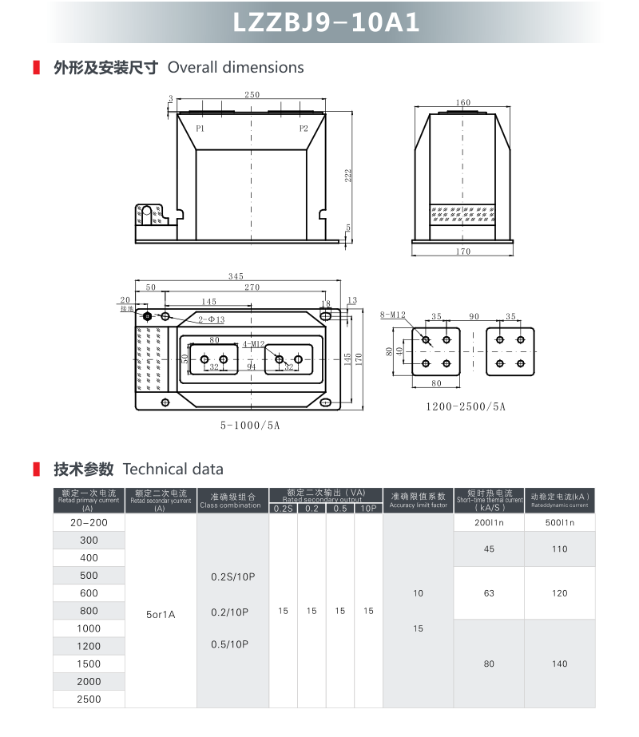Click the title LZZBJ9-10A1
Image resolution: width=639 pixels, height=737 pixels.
point(326,22)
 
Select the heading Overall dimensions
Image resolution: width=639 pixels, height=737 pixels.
point(236,68)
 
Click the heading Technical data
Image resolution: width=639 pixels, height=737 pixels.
point(173,470)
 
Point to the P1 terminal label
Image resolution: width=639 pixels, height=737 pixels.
point(200,129)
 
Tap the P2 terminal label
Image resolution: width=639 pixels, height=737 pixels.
point(304,129)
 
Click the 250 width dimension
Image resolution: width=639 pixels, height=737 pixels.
point(252,95)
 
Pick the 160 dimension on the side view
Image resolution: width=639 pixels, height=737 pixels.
point(462,103)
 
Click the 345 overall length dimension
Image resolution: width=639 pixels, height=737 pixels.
point(236,276)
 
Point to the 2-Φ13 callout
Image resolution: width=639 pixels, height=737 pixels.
point(212,319)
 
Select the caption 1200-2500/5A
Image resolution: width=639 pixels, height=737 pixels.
point(466,406)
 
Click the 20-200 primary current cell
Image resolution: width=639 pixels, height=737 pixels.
point(89,522)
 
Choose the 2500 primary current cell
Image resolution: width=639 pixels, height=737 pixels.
point(89,699)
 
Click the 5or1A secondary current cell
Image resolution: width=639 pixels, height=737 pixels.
point(161,615)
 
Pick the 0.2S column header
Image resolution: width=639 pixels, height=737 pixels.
point(283,509)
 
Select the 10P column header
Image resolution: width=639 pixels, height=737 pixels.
point(368,509)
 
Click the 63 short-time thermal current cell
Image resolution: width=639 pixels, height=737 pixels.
point(489,593)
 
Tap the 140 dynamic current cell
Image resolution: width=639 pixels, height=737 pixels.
point(559,664)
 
